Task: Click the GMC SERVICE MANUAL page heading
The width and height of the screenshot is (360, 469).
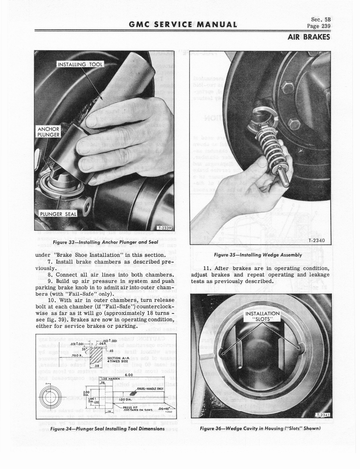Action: (183, 25)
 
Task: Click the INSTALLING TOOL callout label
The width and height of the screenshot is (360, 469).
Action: (80, 64)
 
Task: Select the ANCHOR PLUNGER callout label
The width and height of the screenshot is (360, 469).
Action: (48, 131)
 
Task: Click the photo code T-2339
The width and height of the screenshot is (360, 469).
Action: (164, 227)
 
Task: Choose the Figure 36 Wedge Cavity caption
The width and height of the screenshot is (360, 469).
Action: (260, 429)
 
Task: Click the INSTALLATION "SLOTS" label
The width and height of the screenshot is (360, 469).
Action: (262, 316)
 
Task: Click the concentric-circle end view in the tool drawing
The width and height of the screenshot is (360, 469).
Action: (48, 397)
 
